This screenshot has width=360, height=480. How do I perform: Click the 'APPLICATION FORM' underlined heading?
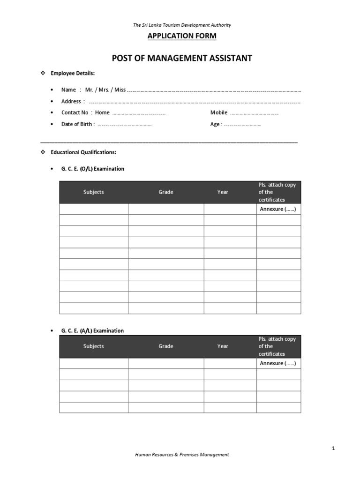182,36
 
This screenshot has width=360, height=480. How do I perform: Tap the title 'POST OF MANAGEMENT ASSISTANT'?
182,58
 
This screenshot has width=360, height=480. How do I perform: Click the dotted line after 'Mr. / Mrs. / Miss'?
214,90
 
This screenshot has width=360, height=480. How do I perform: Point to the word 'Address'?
71,101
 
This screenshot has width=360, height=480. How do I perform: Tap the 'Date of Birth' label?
77,124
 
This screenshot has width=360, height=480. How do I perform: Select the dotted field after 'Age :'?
242,125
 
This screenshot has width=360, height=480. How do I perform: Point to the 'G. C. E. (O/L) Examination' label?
92,169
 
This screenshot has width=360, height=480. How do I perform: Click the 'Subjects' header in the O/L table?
94,192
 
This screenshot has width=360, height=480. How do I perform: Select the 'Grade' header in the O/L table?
166,192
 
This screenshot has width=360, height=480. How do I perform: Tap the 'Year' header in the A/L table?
223,346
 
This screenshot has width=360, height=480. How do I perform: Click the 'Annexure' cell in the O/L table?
278,209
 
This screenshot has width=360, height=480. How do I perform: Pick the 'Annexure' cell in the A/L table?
278,363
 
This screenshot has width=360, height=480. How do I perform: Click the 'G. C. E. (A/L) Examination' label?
92,330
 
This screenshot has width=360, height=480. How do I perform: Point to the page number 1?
333,449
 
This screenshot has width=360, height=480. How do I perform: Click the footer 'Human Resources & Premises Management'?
182,454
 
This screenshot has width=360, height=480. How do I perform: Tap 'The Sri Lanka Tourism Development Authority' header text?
182,25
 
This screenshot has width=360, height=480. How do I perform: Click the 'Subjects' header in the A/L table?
94,346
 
